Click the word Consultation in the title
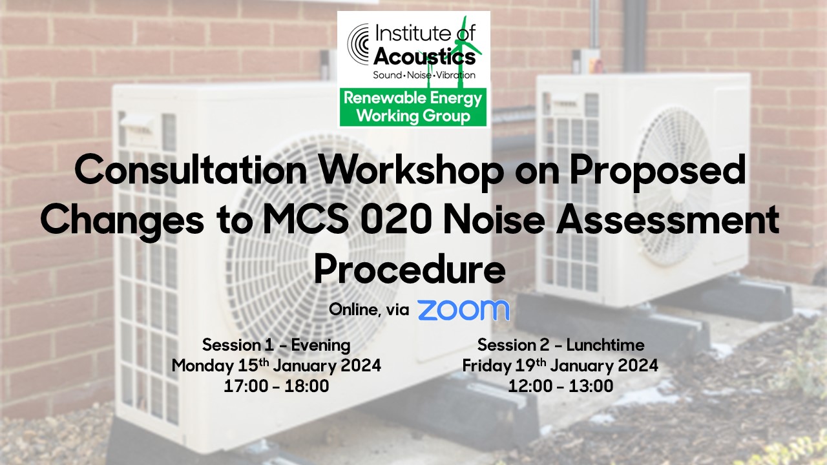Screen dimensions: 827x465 pyautogui.click(x=191, y=171)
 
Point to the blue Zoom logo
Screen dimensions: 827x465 pyautogui.click(x=464, y=310)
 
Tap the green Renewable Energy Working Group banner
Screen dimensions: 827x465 pyautogui.click(x=413, y=107)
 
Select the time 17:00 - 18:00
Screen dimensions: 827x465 pyautogui.click(x=276, y=386)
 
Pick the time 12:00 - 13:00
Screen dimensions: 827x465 pyautogui.click(x=560, y=386)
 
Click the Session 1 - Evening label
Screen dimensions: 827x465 pyautogui.click(x=276, y=345)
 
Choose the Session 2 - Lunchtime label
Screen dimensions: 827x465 pyautogui.click(x=561, y=345)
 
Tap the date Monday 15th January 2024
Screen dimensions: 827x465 pyautogui.click(x=276, y=366)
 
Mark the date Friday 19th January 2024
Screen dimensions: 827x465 pyautogui.click(x=560, y=366)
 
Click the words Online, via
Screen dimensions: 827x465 pyautogui.click(x=369, y=310)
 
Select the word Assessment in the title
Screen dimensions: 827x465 pyautogui.click(x=667, y=220)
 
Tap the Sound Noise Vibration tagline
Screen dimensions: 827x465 pyautogui.click(x=424, y=76)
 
